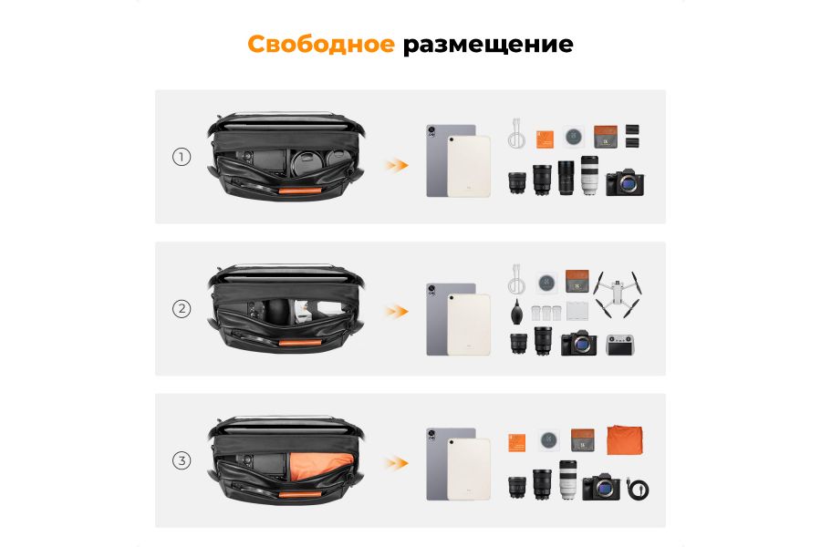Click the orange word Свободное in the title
click(321, 44)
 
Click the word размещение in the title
click(488, 45)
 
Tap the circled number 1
click(182, 157)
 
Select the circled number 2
click(182, 308)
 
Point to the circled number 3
click(182, 460)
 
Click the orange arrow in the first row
click(395, 165)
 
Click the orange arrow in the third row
click(395, 463)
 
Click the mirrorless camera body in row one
click(626, 182)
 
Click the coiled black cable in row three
click(639, 490)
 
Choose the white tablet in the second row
click(468, 325)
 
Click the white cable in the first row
click(517, 136)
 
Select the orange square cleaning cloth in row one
click(546, 139)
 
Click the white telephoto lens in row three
click(567, 479)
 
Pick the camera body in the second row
click(578, 343)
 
